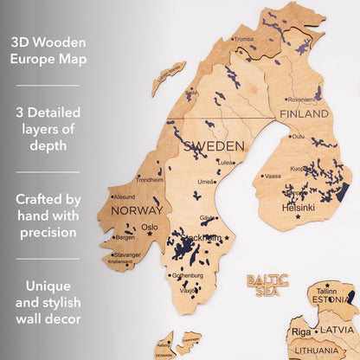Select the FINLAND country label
click(303, 113)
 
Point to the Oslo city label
click(150, 228)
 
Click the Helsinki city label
click(298, 208)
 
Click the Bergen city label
click(125, 237)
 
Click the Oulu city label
click(298, 136)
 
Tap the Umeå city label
click(207, 182)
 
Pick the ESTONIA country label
click(330, 299)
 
